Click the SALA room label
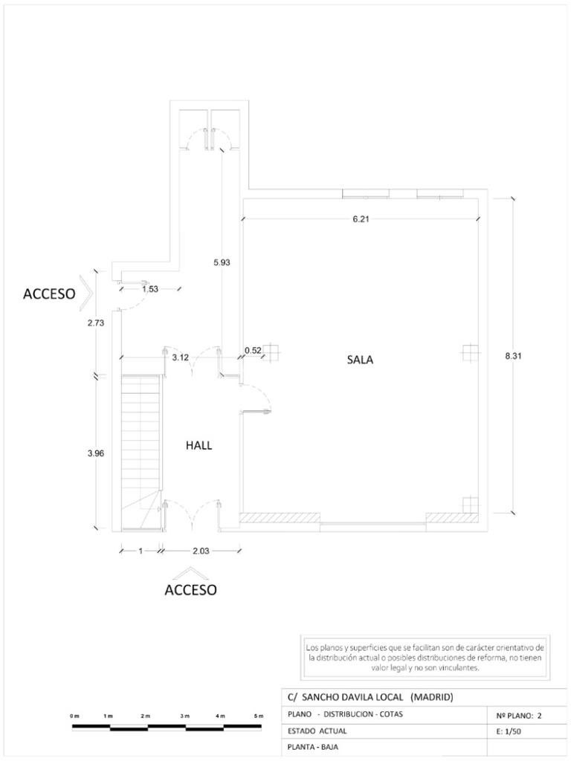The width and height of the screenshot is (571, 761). click(360, 360)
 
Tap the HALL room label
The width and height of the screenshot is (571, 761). click(199, 445)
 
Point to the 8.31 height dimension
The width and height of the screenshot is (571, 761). click(513, 356)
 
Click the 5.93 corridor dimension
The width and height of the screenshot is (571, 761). click(222, 262)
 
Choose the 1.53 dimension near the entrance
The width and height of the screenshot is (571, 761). click(149, 289)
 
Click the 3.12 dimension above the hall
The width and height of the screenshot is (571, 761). click(179, 357)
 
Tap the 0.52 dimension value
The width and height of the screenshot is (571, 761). click(253, 350)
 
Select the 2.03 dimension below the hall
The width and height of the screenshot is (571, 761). click(201, 551)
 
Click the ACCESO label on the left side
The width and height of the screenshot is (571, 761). click(49, 294)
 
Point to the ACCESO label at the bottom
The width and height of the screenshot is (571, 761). click(190, 591)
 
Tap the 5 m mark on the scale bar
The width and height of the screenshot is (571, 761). click(259, 715)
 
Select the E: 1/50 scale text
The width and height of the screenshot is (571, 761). click(509, 731)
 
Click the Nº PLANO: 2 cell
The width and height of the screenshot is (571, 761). click(518, 716)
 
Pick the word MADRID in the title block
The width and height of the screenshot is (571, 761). click(431, 697)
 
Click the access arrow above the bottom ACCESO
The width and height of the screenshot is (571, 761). click(190, 573)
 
